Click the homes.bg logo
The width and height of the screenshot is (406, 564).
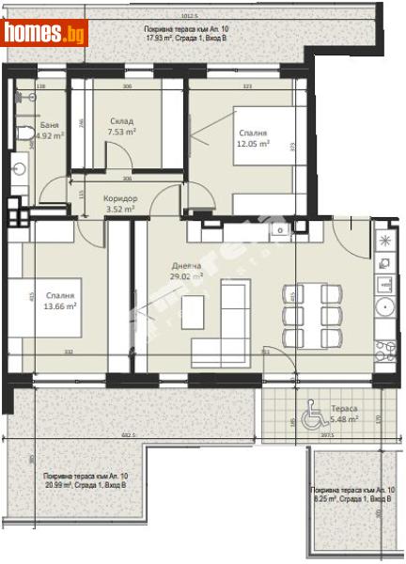coord(44,33)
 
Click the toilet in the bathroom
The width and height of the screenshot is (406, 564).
coord(23,134)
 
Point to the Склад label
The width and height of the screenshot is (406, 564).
coord(120,121)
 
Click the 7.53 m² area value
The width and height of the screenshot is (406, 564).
coord(120,133)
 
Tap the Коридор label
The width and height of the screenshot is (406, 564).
coord(120,198)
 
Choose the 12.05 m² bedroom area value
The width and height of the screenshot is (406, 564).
coord(252,145)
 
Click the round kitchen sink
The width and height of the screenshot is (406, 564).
coord(383,306)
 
